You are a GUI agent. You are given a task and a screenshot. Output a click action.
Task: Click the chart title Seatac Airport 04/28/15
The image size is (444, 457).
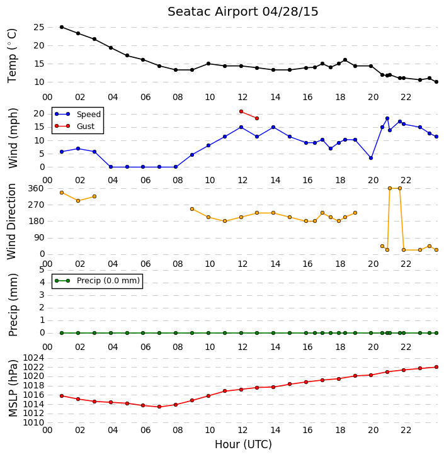click(243, 12)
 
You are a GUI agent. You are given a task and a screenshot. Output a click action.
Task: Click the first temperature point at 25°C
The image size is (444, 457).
click(62, 27)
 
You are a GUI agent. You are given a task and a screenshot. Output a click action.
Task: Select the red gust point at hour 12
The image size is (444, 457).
click(241, 111)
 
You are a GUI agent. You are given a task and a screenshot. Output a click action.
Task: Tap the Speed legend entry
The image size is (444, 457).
click(78, 115)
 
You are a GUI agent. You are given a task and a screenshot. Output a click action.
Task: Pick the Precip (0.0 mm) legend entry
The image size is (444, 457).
click(98, 281)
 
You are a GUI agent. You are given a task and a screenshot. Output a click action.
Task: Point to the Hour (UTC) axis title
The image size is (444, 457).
click(243, 444)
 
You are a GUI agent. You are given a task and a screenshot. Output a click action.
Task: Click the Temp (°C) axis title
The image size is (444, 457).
click(12, 55)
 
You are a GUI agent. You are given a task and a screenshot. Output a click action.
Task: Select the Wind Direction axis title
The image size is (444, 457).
click(12, 221)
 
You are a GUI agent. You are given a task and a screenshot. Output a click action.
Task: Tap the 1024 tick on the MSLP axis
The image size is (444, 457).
click(33, 358)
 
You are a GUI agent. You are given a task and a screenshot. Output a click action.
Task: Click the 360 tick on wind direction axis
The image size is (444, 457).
click(36, 189)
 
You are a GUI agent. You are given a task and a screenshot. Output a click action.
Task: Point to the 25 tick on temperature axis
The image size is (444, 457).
click(39, 28)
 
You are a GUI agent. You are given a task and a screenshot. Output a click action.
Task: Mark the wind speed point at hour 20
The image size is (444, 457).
click(371, 158)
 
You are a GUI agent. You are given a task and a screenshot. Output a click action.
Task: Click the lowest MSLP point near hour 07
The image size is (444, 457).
click(159, 407)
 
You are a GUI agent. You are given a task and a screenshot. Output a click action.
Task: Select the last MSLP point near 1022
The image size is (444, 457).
click(436, 367)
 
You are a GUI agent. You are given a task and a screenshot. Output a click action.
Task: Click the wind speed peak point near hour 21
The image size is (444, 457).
click(387, 118)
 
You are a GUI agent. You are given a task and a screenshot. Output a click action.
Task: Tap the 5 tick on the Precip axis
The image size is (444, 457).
click(42, 270)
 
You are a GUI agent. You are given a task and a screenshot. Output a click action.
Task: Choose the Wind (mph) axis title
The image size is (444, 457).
click(13, 138)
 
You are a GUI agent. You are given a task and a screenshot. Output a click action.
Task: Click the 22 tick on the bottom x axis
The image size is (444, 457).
click(406, 430)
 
